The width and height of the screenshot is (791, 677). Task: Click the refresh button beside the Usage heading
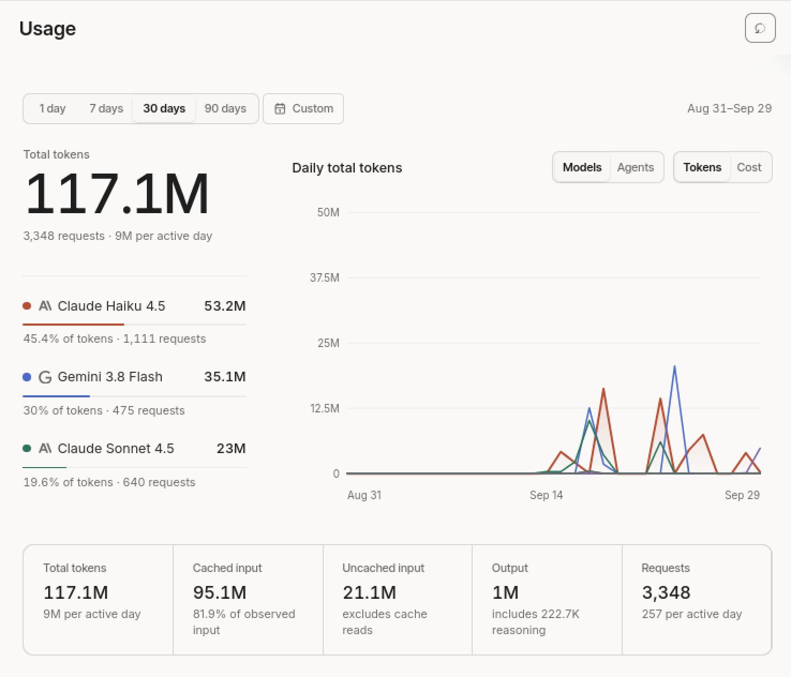click(760, 28)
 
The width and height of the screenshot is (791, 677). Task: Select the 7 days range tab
click(106, 109)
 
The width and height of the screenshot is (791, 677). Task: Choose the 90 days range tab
click(225, 109)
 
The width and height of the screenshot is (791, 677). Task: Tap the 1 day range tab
click(53, 109)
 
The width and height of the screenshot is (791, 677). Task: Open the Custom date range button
click(303, 109)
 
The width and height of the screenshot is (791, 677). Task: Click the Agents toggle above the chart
click(635, 168)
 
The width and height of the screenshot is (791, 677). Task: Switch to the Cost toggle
click(749, 168)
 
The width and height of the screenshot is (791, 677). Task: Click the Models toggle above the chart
click(581, 168)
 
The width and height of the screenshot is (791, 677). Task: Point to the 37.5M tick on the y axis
click(325, 277)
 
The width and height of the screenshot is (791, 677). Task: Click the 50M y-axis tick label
click(328, 212)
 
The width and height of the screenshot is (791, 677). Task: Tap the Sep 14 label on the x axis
click(546, 495)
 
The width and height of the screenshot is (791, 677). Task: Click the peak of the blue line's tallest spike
click(674, 366)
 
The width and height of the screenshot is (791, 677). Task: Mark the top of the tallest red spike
click(603, 389)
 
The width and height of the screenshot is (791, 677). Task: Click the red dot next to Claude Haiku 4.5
click(27, 306)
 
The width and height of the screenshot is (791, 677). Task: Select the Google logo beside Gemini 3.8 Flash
click(45, 377)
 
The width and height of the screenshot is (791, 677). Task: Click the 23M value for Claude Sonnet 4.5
click(231, 448)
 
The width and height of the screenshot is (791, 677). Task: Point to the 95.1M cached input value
click(220, 592)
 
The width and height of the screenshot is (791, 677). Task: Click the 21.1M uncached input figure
click(369, 592)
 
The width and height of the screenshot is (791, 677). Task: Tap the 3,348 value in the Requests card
click(666, 592)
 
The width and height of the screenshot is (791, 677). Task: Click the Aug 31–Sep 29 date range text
click(729, 109)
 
